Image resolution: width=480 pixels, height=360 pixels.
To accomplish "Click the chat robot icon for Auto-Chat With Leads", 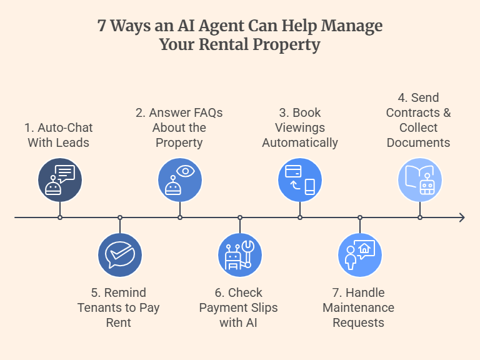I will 60,180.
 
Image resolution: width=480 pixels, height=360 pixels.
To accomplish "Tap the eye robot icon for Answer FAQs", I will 180,180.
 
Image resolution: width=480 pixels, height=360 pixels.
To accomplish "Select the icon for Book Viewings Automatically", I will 300,180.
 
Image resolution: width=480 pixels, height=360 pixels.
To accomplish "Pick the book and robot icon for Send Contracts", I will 420,180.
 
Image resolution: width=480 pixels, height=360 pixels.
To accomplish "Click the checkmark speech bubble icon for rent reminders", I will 120,255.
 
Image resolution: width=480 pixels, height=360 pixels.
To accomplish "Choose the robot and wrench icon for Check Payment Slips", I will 240,255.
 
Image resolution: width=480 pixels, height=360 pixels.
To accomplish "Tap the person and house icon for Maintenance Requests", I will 360,255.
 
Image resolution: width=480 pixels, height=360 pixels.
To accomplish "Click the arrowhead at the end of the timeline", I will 462,217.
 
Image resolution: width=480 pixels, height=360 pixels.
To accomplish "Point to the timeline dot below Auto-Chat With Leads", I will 60,217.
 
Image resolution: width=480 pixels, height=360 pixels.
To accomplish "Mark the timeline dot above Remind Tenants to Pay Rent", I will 120,217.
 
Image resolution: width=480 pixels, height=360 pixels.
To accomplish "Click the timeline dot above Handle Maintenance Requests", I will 360,217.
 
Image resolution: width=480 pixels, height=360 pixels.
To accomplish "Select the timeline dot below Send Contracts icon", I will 420,217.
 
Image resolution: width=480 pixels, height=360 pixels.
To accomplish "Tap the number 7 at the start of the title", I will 101,26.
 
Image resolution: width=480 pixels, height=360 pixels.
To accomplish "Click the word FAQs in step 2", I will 205,113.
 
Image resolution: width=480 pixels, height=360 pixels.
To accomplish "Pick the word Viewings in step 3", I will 300,127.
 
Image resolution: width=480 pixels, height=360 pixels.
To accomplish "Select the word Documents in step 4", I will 418,142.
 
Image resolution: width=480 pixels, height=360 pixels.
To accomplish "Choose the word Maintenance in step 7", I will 358,307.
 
